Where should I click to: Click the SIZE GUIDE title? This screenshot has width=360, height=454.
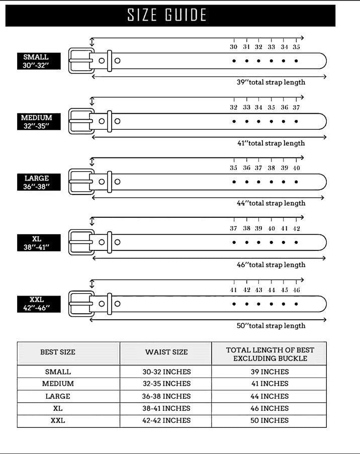click(166, 15)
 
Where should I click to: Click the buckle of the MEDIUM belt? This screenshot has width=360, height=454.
click(81, 121)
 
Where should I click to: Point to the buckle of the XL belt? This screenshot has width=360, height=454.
click(81, 242)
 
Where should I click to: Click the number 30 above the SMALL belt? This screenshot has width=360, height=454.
click(234, 47)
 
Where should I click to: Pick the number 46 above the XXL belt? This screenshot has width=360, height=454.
click(297, 290)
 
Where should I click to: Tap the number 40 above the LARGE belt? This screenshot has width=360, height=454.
click(297, 168)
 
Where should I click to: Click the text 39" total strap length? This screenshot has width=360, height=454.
click(271, 82)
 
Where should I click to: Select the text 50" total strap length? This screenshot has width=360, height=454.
click(271, 326)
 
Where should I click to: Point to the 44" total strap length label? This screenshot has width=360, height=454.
click(271, 203)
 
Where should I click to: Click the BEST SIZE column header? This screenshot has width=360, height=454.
click(58, 352)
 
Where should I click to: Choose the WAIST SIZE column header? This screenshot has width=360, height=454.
click(166, 352)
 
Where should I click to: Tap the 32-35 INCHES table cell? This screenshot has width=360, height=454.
click(166, 384)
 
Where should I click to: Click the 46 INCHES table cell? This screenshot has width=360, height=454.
click(269, 408)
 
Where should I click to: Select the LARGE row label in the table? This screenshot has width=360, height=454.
click(58, 396)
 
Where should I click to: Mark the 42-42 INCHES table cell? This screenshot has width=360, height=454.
click(166, 420)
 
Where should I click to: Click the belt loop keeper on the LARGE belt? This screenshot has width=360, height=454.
click(110, 181)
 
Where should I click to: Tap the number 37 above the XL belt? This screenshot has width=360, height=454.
click(234, 228)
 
